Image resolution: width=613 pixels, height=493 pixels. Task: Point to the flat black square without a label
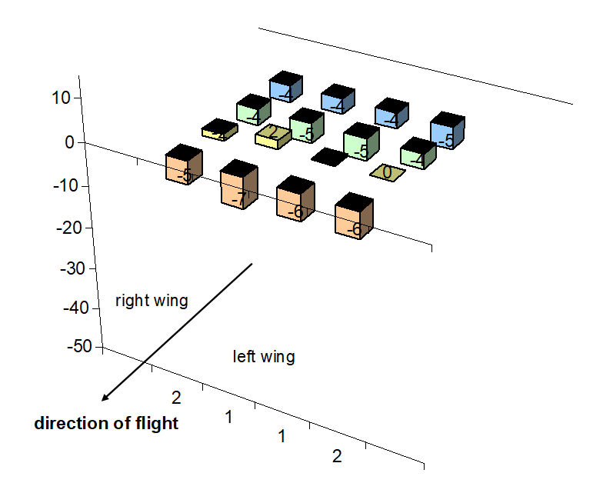click(x=330, y=156)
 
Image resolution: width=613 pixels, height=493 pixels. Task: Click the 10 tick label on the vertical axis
click(x=62, y=98)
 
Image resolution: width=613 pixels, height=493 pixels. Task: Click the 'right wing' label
click(x=152, y=301)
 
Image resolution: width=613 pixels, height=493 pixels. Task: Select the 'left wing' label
click(x=263, y=357)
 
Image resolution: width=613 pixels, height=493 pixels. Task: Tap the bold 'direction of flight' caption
click(x=106, y=423)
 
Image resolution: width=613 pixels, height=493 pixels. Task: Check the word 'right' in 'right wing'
click(x=132, y=301)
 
